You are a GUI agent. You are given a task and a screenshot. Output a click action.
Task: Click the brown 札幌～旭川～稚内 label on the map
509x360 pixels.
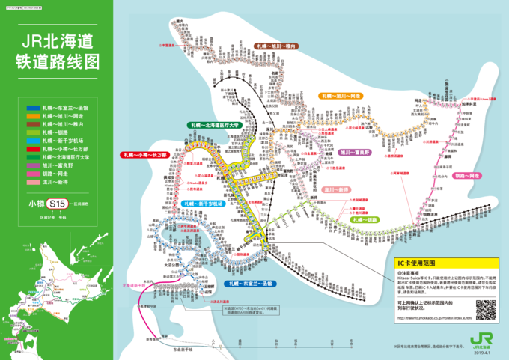pos(275,46)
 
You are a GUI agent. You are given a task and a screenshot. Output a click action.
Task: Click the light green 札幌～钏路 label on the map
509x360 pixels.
pos(362,220)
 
